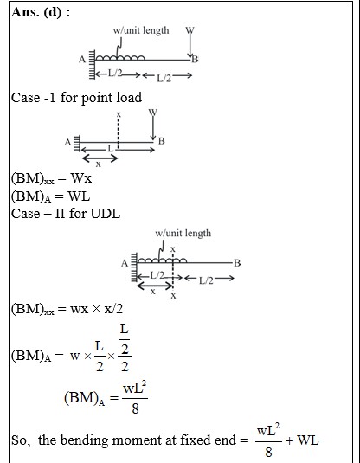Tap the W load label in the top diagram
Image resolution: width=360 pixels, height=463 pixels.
(190, 30)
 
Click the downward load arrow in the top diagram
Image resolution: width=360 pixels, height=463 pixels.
(190, 43)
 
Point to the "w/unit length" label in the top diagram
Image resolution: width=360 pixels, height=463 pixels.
(141, 30)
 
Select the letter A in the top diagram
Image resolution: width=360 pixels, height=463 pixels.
(82, 60)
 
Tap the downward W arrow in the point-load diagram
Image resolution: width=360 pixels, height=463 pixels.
(153, 126)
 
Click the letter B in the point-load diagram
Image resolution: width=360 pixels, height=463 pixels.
(161, 141)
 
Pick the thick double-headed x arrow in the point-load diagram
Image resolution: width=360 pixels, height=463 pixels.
(100, 158)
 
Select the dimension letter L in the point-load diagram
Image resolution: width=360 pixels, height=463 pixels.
(111, 148)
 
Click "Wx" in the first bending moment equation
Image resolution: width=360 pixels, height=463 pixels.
(81, 178)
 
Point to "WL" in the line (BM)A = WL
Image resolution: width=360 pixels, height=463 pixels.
(79, 196)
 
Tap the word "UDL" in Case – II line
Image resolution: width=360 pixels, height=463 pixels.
(106, 214)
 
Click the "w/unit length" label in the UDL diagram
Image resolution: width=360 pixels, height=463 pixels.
(183, 234)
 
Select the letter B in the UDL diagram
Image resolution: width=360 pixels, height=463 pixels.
(237, 263)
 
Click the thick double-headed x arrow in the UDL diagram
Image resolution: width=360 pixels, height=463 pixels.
(156, 286)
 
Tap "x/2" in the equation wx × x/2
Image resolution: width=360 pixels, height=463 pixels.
(113, 309)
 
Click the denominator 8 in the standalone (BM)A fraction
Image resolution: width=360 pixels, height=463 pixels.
(135, 408)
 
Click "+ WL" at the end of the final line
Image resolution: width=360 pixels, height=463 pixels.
(302, 440)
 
